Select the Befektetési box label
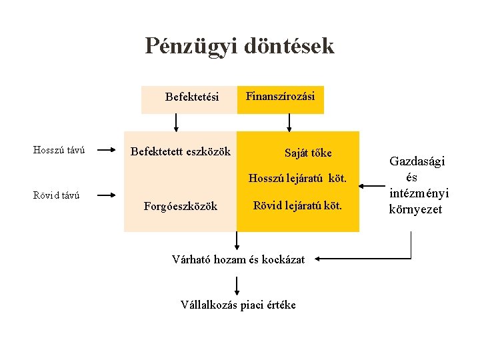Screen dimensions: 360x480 tap(192, 97)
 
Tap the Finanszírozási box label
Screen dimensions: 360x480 tap(280, 96)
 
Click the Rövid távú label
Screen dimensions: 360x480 tap(57, 195)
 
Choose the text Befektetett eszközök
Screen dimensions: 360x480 tap(180, 151)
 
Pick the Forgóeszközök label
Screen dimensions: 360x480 tap(180, 207)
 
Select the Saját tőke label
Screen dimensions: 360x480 tap(307, 153)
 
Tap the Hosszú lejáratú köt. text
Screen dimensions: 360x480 tap(297, 178)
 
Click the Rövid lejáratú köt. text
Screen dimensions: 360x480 tap(297, 206)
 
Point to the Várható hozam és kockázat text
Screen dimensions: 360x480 tap(238, 259)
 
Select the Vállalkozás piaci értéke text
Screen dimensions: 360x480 tap(238, 305)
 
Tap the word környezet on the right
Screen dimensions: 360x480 tap(415, 209)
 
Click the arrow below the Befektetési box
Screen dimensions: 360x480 tap(176, 123)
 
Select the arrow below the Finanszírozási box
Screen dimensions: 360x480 tap(289, 123)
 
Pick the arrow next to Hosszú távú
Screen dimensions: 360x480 tap(103, 151)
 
